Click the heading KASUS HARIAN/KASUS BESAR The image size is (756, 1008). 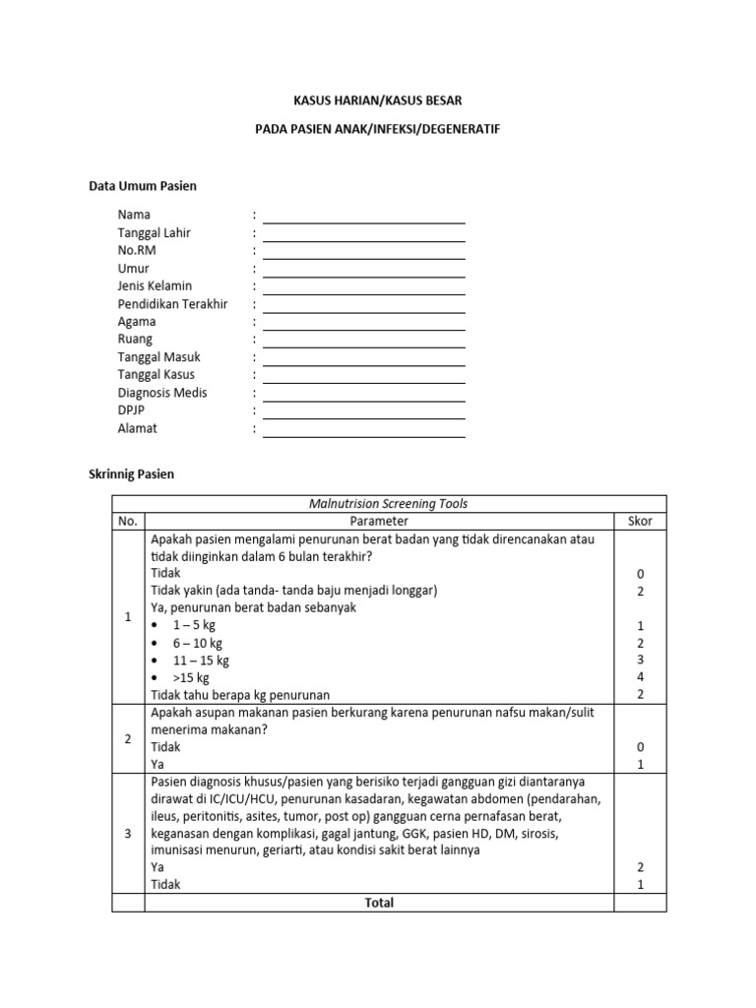379,100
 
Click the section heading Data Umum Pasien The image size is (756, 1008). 143,186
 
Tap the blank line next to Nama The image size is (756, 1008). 363,217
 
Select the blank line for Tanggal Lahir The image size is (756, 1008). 363,234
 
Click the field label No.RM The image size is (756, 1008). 137,250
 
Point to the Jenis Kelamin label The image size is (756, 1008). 155,285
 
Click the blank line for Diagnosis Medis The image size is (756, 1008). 363,395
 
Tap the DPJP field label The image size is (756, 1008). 131,410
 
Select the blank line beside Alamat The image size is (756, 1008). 363,430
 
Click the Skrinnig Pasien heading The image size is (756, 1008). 131,473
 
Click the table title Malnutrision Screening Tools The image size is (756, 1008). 389,504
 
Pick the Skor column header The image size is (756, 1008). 640,521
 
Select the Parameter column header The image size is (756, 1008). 379,521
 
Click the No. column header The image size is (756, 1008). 128,521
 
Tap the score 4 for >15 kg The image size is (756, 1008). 640,677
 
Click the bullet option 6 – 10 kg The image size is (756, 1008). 197,643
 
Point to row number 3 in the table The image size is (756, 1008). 128,834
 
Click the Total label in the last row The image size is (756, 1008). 379,903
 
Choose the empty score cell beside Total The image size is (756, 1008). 640,903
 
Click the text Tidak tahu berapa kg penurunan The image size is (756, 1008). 240,695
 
